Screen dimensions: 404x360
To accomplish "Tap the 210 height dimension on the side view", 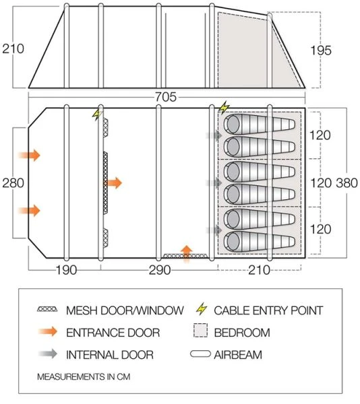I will pos(13,48).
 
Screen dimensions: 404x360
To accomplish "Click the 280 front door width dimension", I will pos(12,182).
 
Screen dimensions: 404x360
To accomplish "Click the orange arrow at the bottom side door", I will pos(187,250).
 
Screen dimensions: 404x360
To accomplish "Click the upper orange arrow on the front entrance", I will pos(30,156).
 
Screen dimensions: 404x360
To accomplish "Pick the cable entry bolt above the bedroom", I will pos(224,108).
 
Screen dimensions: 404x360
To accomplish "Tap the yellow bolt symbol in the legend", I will pos(201,310).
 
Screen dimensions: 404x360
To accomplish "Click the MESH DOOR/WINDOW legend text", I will pos(125,310).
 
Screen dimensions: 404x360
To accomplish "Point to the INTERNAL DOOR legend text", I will pos(110,354).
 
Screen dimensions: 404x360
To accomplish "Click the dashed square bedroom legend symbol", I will pos(200,332).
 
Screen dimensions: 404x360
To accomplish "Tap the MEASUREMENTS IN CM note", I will pos(84,376).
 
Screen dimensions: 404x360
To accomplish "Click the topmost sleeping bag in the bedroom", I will pos(260,124).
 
